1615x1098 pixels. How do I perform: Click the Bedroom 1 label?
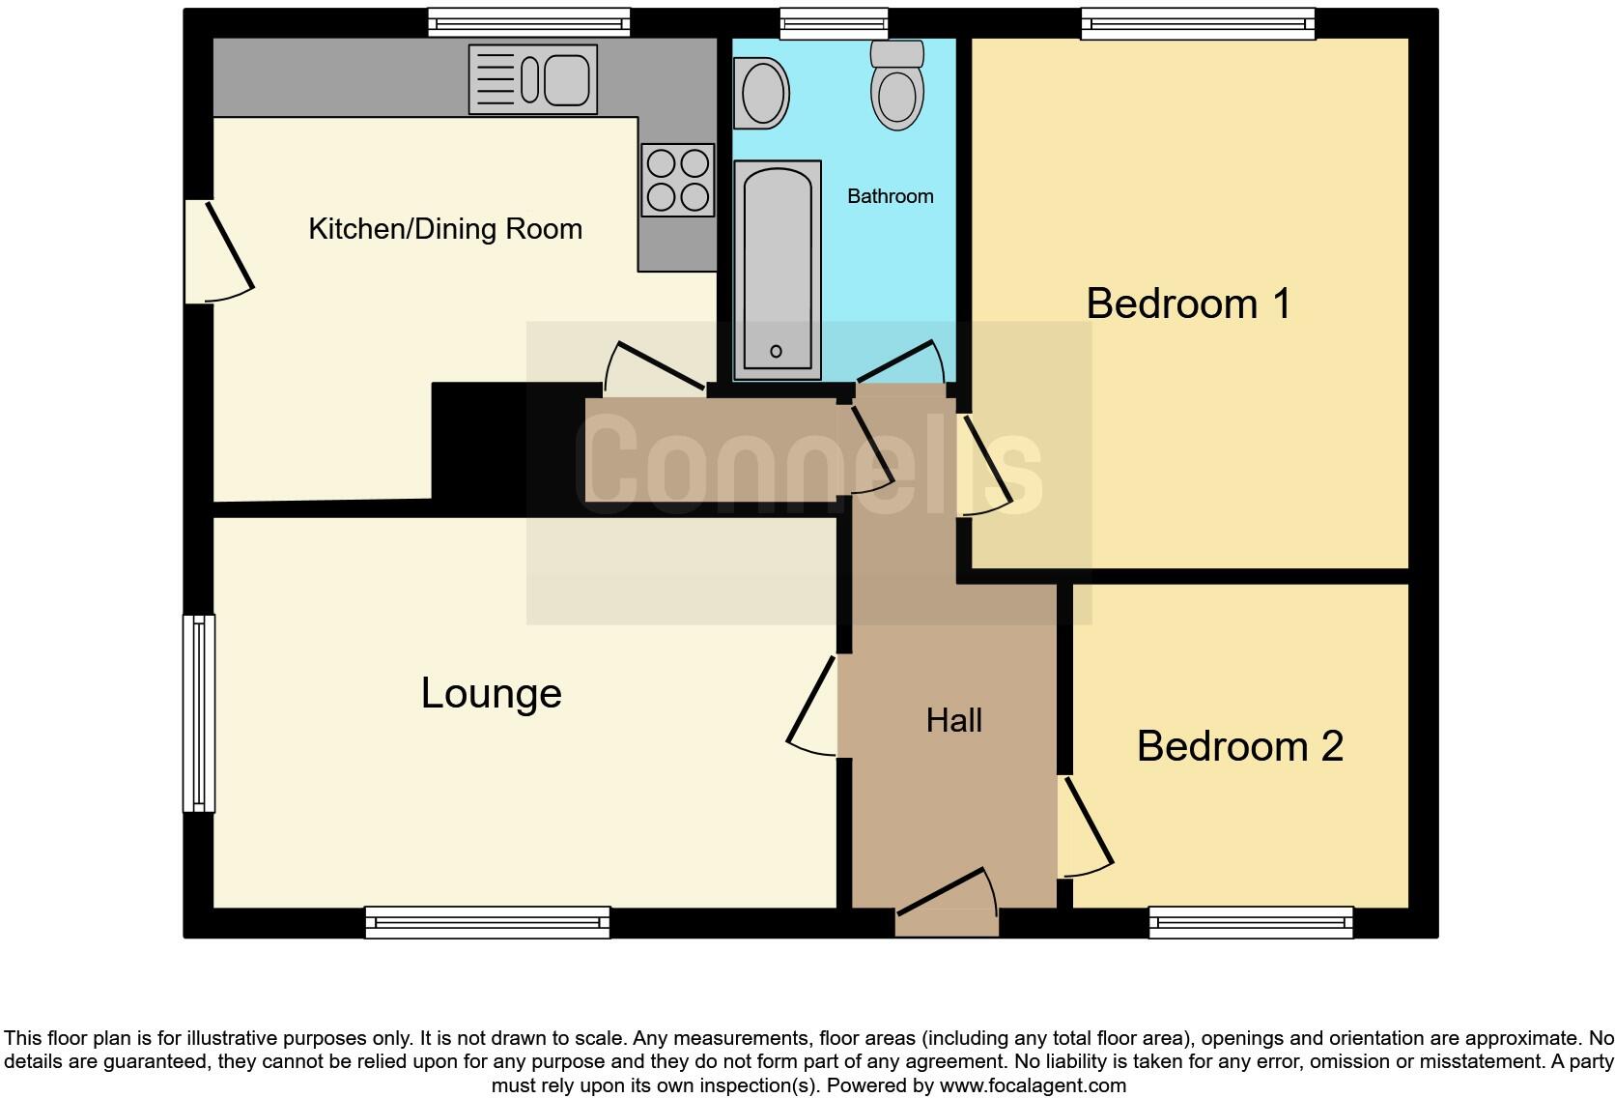pos(1188,303)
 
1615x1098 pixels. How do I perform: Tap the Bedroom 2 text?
pos(1239,746)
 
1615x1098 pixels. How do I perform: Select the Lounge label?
pos(491,693)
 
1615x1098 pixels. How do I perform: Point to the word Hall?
pos(953,720)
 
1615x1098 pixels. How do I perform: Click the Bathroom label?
pos(890,196)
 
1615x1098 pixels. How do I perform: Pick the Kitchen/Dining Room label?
pos(445,229)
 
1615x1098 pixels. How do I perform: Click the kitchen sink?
pos(532,79)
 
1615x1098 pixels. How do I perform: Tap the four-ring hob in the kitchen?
pos(677,180)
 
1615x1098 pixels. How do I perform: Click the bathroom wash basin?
pos(761,94)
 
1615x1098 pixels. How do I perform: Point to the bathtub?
pos(778,271)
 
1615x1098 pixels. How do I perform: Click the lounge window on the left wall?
pos(199,713)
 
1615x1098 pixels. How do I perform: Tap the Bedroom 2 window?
pos(1251,923)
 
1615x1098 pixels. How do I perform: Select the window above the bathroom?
pos(834,23)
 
